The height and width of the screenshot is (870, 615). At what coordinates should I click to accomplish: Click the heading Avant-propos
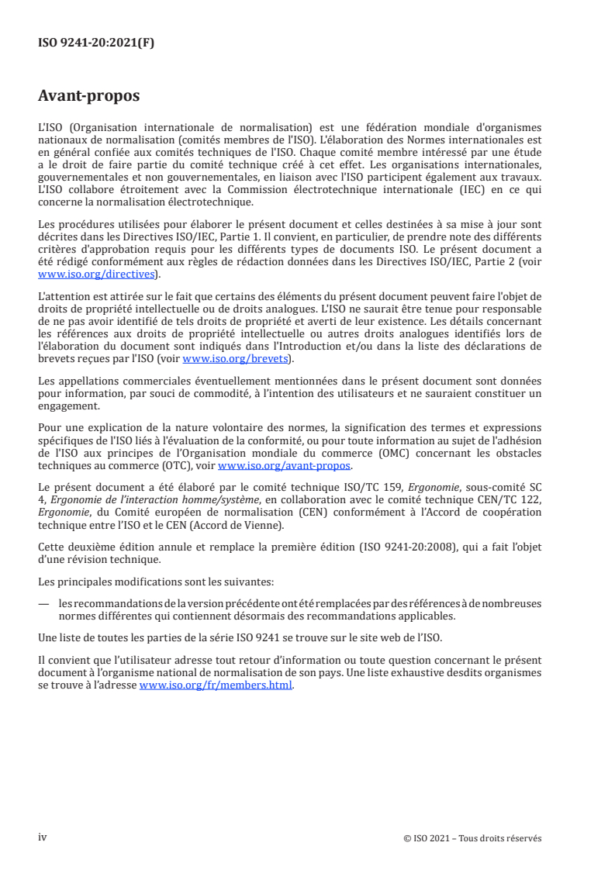[89, 96]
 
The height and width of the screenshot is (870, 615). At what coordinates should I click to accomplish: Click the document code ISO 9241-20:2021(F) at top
[96, 43]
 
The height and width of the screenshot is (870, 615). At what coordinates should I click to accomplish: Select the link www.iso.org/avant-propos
[285, 466]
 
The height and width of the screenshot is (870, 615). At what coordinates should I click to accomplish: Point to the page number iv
[43, 837]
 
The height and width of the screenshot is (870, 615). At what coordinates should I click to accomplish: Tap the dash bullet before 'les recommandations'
[43, 603]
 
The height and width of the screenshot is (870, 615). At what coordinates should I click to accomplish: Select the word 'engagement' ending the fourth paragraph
[67, 406]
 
